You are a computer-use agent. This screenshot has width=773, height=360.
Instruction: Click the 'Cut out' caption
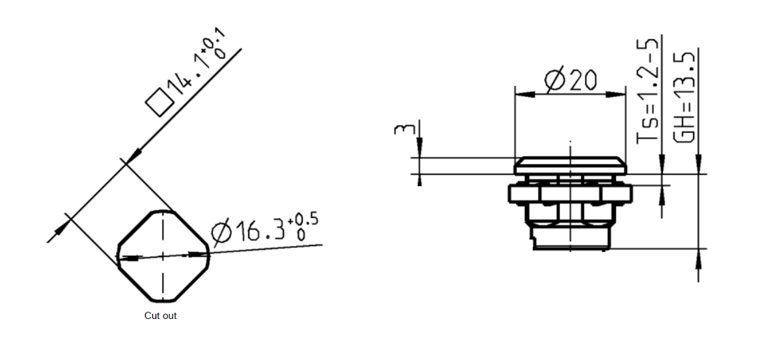coord(160,316)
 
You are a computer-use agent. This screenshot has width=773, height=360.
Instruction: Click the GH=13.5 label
coord(686,98)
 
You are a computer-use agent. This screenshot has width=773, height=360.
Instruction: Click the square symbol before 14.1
coord(159,103)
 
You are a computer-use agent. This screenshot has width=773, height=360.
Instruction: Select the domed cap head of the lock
coord(570,165)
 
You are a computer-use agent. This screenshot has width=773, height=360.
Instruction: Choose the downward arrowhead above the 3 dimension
coord(420,148)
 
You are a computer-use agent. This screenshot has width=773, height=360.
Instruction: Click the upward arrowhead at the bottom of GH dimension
coord(698,258)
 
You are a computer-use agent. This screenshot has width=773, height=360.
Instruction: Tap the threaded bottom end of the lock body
coord(572,238)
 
